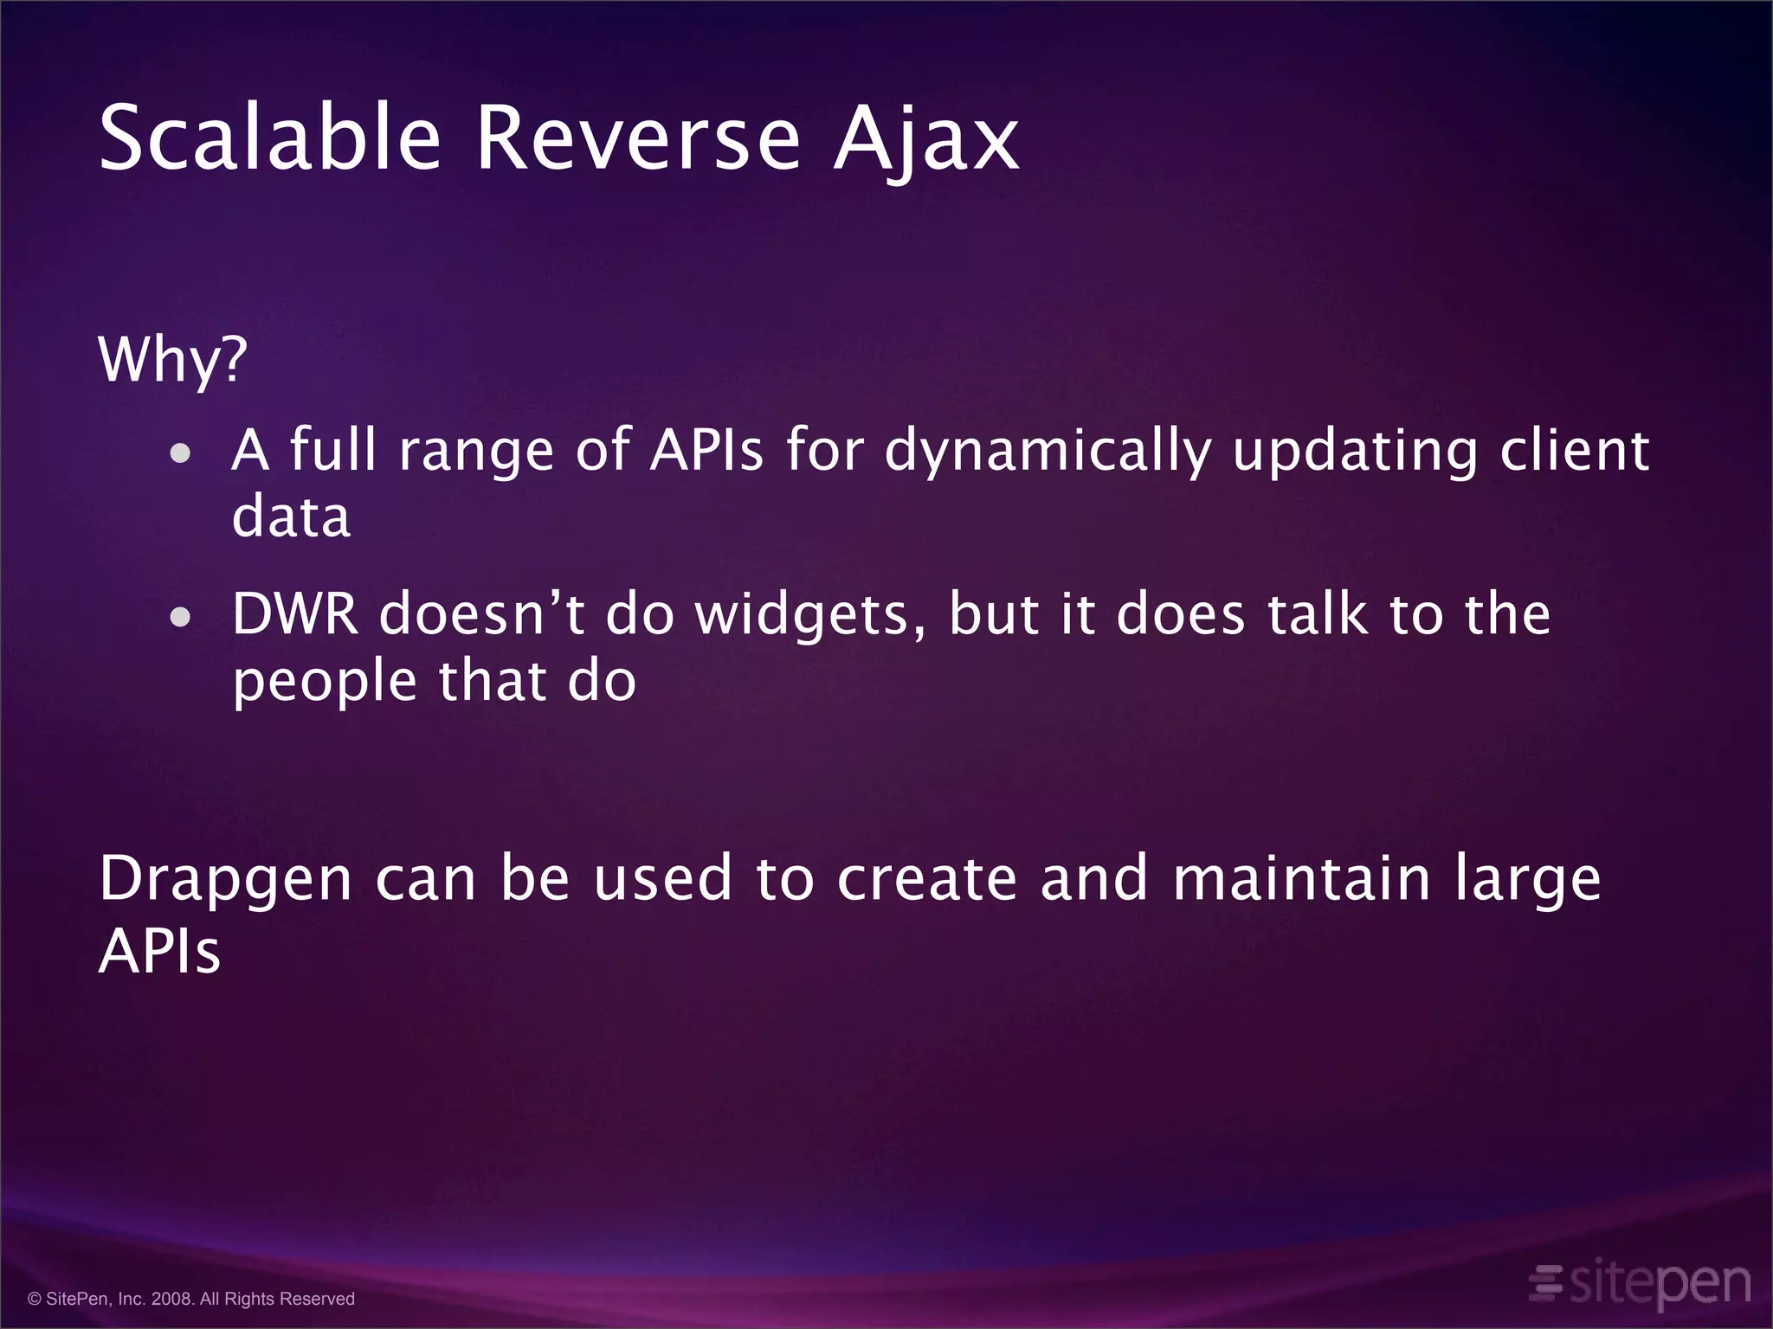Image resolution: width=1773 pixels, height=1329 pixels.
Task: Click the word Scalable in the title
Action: click(270, 138)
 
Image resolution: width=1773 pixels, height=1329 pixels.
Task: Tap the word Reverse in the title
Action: click(638, 138)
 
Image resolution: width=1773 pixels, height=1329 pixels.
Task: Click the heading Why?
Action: click(172, 359)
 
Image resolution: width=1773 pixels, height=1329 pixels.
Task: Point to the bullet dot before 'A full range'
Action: click(180, 453)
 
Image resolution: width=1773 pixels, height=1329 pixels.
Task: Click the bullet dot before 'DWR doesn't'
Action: click(180, 617)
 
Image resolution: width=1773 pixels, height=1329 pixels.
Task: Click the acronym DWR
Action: click(294, 614)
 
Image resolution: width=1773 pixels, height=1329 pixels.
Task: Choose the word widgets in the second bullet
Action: click(810, 616)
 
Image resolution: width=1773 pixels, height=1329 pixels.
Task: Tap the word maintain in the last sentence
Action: click(1300, 878)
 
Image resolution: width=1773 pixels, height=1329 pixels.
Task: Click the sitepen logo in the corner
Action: click(1640, 1283)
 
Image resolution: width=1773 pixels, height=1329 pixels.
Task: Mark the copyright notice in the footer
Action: click(191, 1299)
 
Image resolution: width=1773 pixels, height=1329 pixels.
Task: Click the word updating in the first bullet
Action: click(1354, 453)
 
